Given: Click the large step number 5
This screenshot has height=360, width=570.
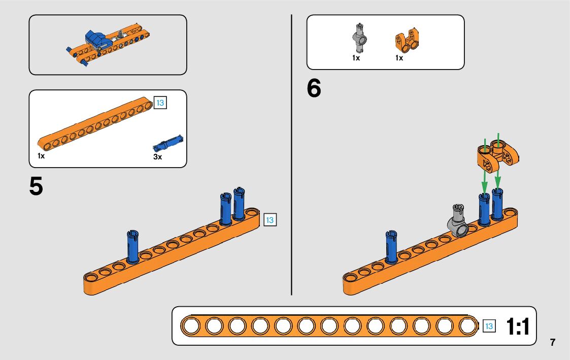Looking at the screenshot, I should [x=36, y=187].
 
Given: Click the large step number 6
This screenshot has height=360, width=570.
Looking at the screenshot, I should [x=314, y=89].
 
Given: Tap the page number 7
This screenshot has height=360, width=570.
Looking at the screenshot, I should [x=552, y=342].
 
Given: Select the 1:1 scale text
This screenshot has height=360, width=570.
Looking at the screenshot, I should [x=518, y=327].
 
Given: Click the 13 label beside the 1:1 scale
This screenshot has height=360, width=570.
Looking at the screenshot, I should [x=489, y=326].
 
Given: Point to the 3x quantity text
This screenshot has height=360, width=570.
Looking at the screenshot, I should [x=157, y=157].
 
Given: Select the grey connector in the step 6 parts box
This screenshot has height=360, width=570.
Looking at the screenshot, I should [x=360, y=38].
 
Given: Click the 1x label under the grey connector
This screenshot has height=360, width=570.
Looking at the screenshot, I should [x=356, y=58].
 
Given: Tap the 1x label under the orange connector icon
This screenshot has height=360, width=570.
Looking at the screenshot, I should [x=399, y=58].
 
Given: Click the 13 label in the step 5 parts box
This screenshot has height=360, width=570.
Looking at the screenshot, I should [x=160, y=103].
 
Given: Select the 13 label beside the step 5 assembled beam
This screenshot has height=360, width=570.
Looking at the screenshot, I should [x=270, y=220].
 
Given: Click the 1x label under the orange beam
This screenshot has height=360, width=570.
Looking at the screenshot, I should [x=41, y=156].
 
